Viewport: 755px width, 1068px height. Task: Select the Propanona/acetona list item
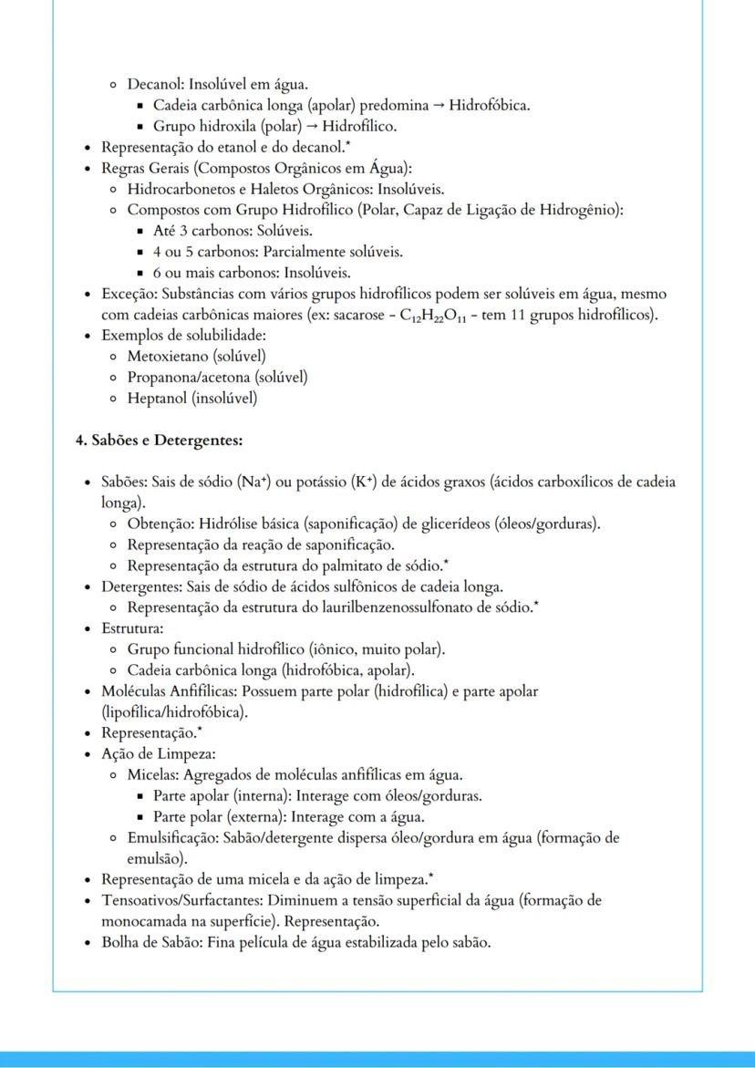pos(217,378)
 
